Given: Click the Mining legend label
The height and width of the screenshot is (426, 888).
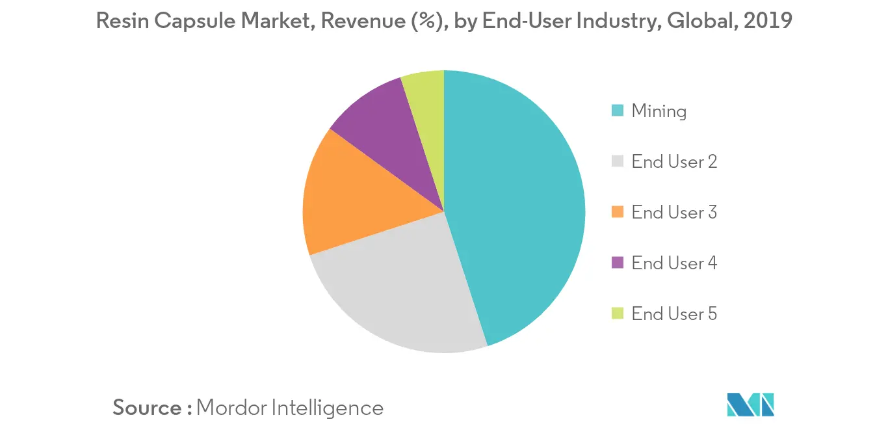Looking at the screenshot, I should click(659, 111).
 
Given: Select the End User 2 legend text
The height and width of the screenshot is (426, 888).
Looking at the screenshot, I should click(673, 162).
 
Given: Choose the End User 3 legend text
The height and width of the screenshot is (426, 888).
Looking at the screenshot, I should click(673, 213).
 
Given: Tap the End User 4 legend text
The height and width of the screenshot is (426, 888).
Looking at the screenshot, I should click(673, 263).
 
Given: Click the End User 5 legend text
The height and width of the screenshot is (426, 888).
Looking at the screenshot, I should click(673, 314).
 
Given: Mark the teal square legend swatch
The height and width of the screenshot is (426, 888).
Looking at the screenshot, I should click(618, 111).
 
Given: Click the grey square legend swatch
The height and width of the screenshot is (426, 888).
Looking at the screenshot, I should click(618, 162).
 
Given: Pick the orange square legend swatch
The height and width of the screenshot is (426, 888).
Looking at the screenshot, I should click(618, 213).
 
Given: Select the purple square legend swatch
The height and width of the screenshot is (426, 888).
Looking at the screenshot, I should click(618, 263).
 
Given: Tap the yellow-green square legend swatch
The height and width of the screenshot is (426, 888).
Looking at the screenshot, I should click(618, 314).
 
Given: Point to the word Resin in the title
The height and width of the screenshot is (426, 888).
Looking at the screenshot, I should click(118, 21).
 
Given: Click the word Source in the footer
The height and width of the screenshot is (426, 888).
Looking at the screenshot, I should click(147, 408).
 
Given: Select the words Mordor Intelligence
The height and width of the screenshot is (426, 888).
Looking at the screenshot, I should click(289, 408).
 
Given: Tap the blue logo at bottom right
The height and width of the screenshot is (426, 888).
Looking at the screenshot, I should click(750, 405).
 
